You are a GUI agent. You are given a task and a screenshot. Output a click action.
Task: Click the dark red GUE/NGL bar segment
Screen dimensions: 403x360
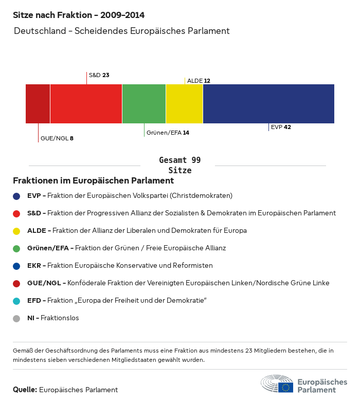point(38,104)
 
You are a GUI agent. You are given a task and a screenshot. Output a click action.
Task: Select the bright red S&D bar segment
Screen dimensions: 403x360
point(86,104)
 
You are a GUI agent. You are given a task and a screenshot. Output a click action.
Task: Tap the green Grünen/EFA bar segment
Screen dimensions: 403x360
point(144,104)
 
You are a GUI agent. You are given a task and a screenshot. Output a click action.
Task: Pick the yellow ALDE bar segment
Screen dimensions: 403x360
point(184,104)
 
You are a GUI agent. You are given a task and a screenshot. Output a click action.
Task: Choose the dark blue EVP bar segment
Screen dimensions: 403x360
point(268,104)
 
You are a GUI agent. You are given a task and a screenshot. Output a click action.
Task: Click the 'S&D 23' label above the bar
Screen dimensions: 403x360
point(99,75)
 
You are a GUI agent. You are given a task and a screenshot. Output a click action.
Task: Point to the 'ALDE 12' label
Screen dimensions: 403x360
point(199,81)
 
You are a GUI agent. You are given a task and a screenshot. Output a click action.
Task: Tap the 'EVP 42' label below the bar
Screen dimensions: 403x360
point(281,127)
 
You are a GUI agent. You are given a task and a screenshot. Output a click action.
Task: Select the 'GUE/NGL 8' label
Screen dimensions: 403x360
point(57,138)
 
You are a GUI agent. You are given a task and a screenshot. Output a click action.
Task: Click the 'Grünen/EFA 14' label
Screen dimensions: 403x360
point(168,133)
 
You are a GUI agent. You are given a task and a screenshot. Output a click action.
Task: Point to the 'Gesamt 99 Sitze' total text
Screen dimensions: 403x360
point(179,165)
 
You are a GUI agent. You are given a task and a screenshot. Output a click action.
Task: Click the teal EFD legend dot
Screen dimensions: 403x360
point(16,301)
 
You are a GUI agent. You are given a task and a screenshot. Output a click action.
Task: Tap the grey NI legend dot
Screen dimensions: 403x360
point(16,318)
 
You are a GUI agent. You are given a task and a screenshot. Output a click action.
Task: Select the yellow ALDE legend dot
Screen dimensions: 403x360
point(16,231)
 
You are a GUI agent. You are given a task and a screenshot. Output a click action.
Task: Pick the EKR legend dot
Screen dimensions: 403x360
point(16,266)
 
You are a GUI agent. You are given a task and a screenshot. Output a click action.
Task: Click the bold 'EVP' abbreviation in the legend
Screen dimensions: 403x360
point(34,196)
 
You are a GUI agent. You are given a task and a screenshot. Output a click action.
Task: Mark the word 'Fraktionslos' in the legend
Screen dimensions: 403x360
point(60,318)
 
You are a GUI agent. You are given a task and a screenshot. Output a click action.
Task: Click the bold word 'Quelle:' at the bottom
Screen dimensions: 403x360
point(25,390)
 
